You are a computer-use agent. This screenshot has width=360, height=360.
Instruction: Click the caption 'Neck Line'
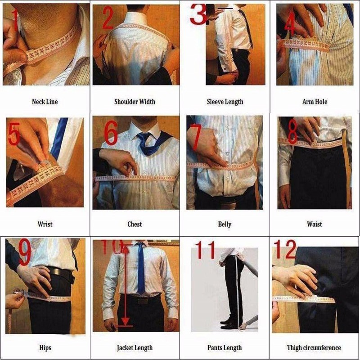pyautogui.click(x=45, y=102)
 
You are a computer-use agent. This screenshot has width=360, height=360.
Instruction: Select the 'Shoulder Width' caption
pyautogui.click(x=135, y=102)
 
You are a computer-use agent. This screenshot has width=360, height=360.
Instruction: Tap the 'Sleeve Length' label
pyautogui.click(x=225, y=102)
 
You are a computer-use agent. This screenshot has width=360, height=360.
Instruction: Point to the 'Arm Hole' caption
pyautogui.click(x=315, y=102)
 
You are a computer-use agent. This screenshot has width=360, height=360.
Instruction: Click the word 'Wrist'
pyautogui.click(x=45, y=224)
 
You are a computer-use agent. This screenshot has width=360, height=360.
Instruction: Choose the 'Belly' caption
pyautogui.click(x=225, y=224)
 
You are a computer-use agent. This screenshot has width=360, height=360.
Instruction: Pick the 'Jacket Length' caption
pyautogui.click(x=135, y=347)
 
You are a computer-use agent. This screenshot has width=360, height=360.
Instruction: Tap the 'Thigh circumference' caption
pyautogui.click(x=314, y=347)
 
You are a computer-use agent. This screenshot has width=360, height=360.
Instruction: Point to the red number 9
pyautogui.click(x=25, y=252)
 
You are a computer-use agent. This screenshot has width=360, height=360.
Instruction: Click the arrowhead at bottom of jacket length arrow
pyautogui.click(x=126, y=321)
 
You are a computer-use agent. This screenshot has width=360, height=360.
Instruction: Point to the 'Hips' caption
pyautogui.click(x=45, y=347)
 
